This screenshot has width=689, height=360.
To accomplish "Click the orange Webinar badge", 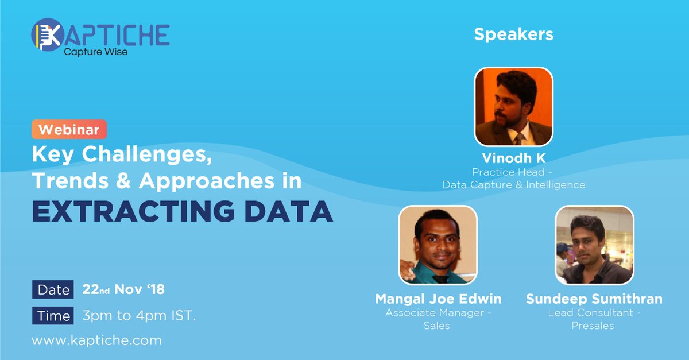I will [69, 130].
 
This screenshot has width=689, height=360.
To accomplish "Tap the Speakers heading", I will [513, 34].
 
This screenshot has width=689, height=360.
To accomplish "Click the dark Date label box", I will [53, 289].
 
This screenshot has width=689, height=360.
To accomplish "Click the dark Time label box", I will [53, 315].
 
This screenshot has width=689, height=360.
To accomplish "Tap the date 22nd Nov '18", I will [123, 289].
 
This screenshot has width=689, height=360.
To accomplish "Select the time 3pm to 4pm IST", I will [139, 315].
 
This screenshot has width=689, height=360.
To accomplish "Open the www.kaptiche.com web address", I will [96, 340].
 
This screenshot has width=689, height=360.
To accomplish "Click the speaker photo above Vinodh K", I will [513, 107].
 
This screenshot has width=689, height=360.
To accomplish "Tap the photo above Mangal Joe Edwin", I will [438, 245].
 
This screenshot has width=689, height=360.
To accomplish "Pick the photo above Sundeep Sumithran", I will [594, 245].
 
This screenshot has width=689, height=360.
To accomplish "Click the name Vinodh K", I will [513, 158].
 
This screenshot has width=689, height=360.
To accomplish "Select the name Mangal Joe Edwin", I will [438, 299].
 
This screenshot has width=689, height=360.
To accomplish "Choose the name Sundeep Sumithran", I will [594, 299].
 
